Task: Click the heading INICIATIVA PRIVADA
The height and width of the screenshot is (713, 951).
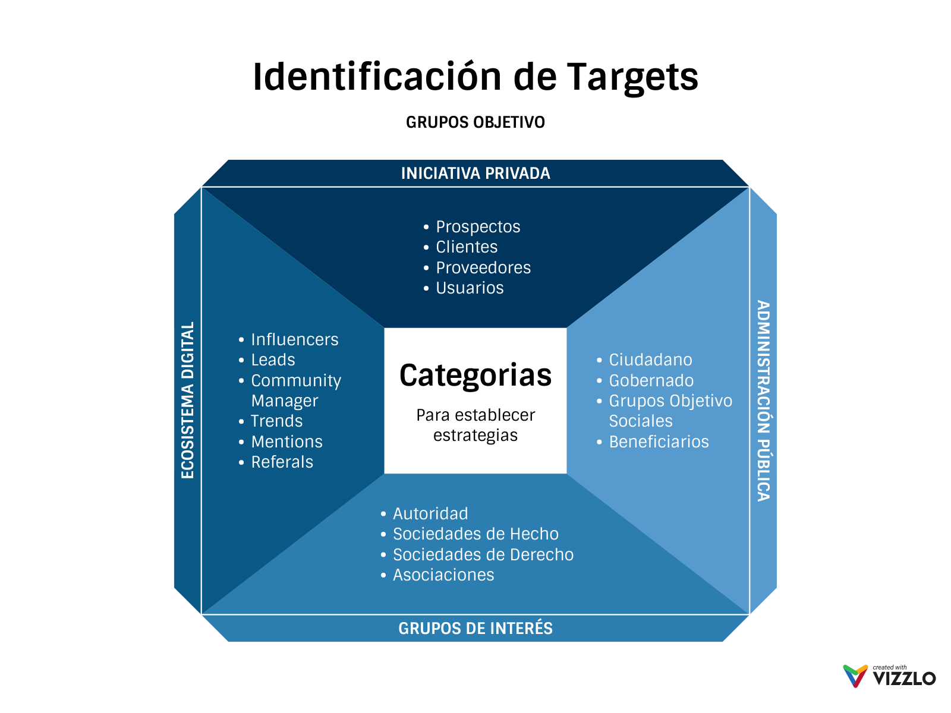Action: pyautogui.click(x=475, y=173)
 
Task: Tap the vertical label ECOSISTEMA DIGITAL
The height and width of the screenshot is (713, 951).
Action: pyautogui.click(x=188, y=400)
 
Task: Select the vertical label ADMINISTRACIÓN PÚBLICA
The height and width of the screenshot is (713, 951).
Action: pyautogui.click(x=763, y=400)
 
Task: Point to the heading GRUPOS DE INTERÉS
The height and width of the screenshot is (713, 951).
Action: pyautogui.click(x=475, y=629)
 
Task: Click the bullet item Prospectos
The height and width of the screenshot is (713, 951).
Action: pyautogui.click(x=478, y=227)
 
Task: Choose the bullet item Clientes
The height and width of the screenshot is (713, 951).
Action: pyautogui.click(x=467, y=247)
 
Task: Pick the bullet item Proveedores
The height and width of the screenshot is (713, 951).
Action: pyautogui.click(x=483, y=268)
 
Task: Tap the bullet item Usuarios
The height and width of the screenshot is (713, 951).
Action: pyautogui.click(x=470, y=288)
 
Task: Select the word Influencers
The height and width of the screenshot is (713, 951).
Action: pyautogui.click(x=294, y=340)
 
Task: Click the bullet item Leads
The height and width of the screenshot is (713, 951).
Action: pyautogui.click(x=273, y=360)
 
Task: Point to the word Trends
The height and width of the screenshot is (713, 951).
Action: pyautogui.click(x=276, y=421)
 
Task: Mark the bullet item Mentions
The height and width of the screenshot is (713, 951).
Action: pyautogui.click(x=286, y=442)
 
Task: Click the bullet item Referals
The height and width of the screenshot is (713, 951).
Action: pyautogui.click(x=282, y=462)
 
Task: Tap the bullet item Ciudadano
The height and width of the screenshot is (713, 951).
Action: pyautogui.click(x=650, y=360)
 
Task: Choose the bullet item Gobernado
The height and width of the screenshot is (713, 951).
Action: pyautogui.click(x=651, y=381)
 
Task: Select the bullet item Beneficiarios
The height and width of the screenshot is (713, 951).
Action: pyautogui.click(x=659, y=442)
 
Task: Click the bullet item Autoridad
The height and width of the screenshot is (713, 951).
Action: pyautogui.click(x=430, y=514)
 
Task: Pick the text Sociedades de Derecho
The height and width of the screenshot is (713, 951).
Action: pyautogui.click(x=483, y=555)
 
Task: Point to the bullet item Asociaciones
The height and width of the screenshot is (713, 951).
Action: pyautogui.click(x=443, y=575)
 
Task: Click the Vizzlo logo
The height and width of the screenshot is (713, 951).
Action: pyautogui.click(x=889, y=676)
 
